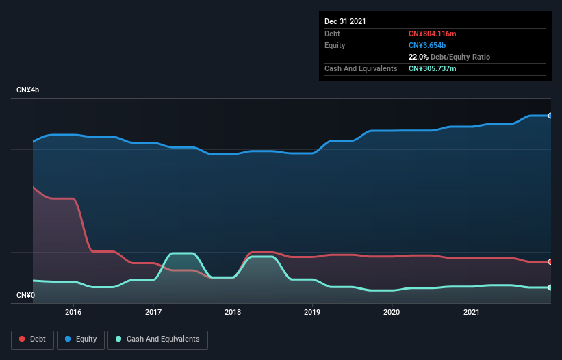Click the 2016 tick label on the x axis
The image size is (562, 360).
pos(73,312)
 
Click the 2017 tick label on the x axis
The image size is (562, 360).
pos(153,312)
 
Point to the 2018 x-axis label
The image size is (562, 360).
pos(233,312)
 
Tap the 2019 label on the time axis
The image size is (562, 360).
pos(312,312)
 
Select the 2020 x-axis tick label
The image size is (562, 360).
pos(392,312)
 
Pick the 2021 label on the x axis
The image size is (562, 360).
pos(471,312)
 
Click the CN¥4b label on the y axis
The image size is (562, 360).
pos(28,90)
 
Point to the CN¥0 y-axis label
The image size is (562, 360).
pos(25,296)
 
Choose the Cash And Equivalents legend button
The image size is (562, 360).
pos(157,339)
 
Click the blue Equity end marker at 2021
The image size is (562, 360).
pos(550,116)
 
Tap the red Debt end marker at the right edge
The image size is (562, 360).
pos(550,262)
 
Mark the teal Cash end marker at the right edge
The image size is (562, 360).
pos(550,287)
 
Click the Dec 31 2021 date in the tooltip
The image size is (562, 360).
pos(345,21)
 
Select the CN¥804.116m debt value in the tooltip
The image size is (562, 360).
pos(432,34)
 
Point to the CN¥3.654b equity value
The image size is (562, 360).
pos(426,45)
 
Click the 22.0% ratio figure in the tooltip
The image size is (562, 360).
pos(418,57)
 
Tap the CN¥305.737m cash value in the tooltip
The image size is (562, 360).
pos(432,68)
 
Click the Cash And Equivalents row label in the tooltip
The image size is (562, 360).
pos(361,68)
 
